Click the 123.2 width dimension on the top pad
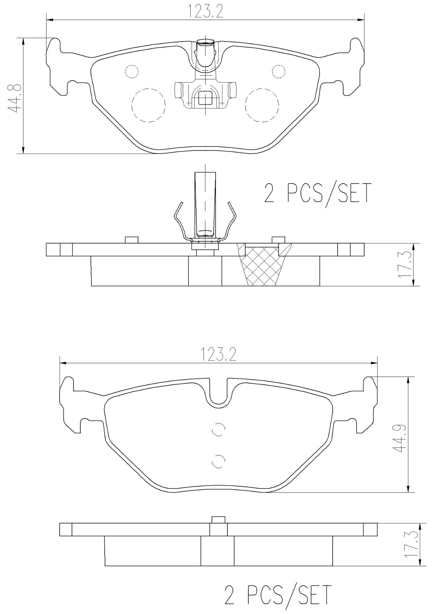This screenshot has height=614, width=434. pyautogui.click(x=205, y=11)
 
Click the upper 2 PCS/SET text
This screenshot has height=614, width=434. pyautogui.click(x=317, y=193)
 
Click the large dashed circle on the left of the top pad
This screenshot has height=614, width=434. pyautogui.click(x=148, y=105)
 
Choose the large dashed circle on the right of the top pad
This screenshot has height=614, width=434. pyautogui.click(x=262, y=105)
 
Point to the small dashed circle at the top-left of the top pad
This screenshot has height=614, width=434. pyautogui.click(x=132, y=72)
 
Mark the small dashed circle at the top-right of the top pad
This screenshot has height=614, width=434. pyautogui.click(x=278, y=72)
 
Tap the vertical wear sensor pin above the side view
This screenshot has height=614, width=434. pyautogui.click(x=205, y=204)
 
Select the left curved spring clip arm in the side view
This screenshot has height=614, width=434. pyautogui.click(x=179, y=219)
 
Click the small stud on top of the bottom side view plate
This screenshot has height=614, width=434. pyautogui.click(x=218, y=519)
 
